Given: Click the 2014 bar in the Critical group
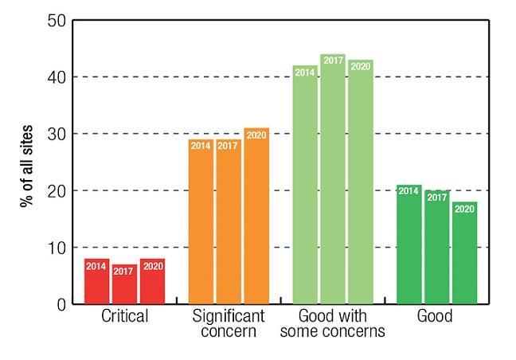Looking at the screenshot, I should point(96,281).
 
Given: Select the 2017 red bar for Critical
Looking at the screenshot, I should point(124,284).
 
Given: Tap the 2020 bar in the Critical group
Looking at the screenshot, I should point(152,281).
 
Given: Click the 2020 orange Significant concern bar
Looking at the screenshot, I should point(256,216).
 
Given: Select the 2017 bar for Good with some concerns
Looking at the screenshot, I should point(333,179).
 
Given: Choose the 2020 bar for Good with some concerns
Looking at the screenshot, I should point(360,182).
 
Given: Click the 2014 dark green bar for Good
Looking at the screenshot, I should point(409,245).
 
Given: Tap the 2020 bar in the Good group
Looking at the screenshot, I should point(464,252).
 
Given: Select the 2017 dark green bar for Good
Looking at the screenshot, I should point(436,247).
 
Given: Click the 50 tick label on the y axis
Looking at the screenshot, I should point(56,20).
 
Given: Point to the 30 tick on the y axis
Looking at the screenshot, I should point(56,134).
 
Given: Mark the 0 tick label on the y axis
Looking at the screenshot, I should point(61,304).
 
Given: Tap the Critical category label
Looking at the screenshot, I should point(124,317).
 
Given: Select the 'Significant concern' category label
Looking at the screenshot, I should point(229,323).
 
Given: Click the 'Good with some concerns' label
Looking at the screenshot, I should point(333,323).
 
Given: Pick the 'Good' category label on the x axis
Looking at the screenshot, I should point(436,317).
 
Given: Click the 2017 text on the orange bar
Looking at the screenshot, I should point(229,145).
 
